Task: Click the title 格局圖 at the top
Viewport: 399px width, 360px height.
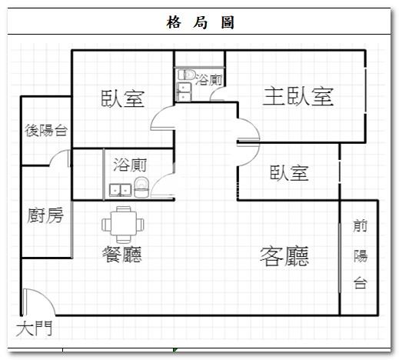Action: [200, 22]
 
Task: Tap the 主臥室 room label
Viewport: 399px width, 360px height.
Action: [298, 96]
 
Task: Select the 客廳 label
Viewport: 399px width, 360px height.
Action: [284, 256]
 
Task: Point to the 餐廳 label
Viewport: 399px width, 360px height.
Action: [122, 254]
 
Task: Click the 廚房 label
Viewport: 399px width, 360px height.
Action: [45, 215]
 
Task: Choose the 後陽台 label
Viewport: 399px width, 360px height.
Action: [46, 130]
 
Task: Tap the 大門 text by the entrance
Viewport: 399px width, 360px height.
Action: [34, 328]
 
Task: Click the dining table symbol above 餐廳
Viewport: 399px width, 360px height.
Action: [123, 225]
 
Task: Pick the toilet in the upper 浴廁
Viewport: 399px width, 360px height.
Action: [187, 75]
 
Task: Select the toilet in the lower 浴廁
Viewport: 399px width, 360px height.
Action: [141, 188]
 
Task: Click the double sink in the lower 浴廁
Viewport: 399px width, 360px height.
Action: [120, 190]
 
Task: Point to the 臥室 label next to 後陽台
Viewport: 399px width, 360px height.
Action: [123, 98]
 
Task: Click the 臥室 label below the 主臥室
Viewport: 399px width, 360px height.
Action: [289, 172]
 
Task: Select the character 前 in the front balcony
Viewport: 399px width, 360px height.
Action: [360, 226]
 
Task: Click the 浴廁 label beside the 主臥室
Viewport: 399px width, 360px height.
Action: [208, 80]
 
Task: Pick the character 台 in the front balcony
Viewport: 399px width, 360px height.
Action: [361, 282]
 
